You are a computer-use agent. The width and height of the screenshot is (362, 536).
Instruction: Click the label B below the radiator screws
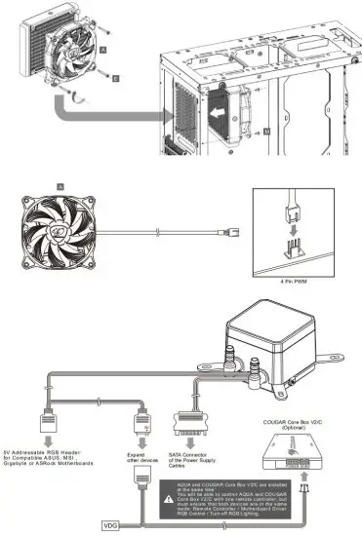[116, 75]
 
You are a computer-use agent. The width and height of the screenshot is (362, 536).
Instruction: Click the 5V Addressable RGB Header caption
[63, 457]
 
